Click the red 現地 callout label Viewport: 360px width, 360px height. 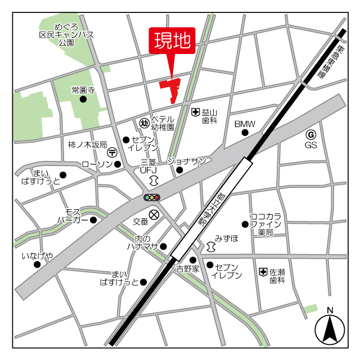(x=172, y=41)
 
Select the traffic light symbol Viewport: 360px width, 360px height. (x=152, y=197)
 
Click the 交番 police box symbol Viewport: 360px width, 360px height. (x=154, y=214)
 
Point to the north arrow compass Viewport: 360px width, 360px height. (x=330, y=330)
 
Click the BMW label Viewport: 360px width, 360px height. (x=245, y=124)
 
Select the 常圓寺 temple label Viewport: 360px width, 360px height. (x=83, y=90)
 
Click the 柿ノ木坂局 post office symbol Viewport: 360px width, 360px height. (x=112, y=152)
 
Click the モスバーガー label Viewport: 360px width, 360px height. (x=73, y=215)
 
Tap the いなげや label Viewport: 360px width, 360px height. (x=38, y=256)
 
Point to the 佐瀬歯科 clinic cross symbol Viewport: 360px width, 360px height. (x=263, y=272)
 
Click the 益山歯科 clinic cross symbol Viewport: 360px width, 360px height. (x=195, y=112)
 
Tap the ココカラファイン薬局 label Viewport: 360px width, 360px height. (x=269, y=224)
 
